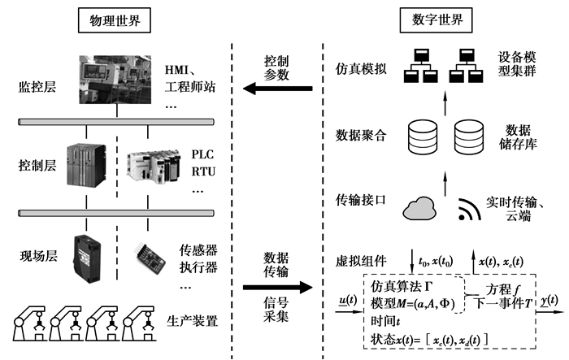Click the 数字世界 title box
click(x=428, y=19)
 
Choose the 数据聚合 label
click(x=358, y=135)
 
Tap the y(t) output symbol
click(x=549, y=300)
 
